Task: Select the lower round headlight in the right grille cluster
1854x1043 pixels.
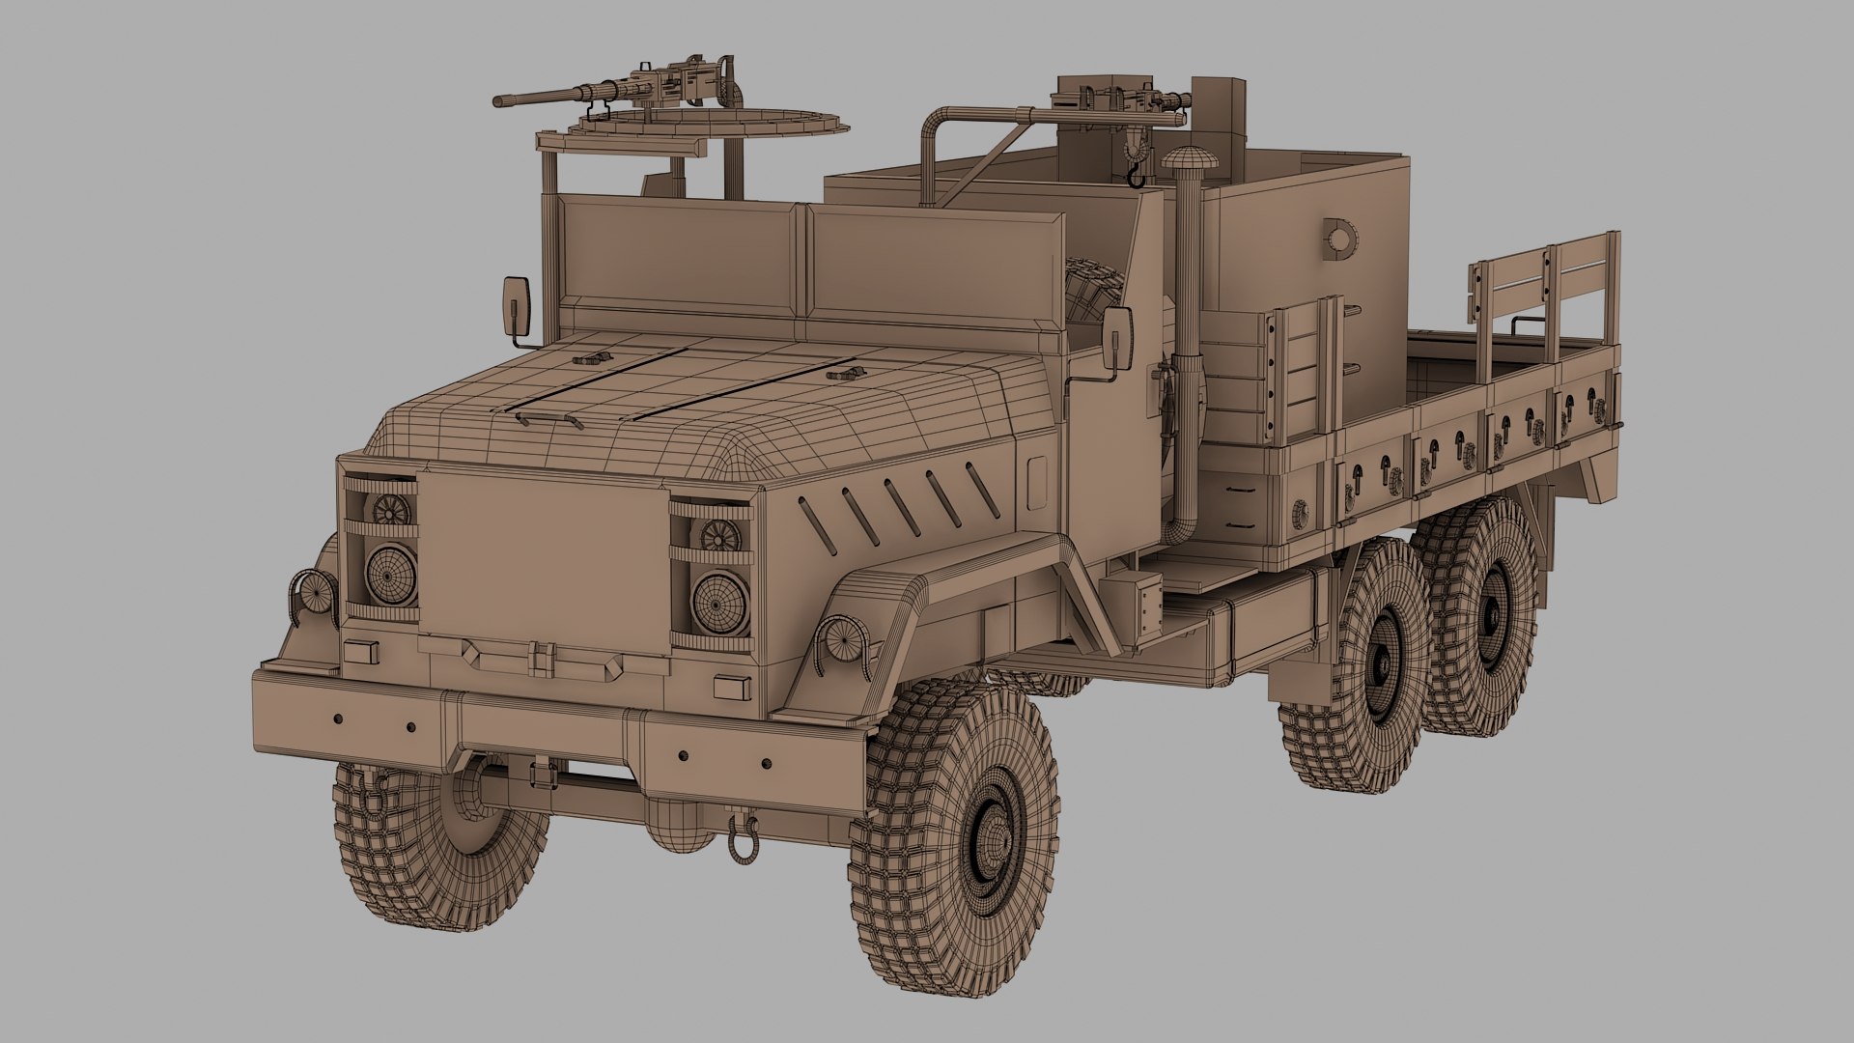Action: click(x=720, y=602)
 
